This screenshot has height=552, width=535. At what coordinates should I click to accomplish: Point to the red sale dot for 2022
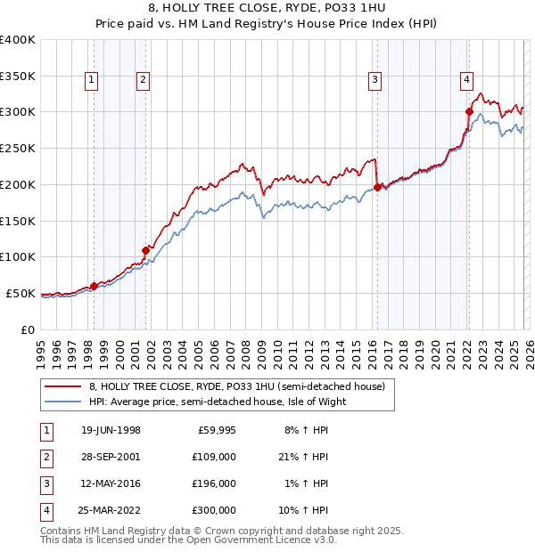click(x=469, y=111)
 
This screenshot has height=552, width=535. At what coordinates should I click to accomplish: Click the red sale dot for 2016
click(x=377, y=187)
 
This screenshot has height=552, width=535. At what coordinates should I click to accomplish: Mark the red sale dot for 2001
click(x=146, y=250)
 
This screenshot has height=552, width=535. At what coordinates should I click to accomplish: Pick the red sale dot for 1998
click(x=95, y=286)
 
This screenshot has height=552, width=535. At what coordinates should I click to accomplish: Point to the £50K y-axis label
click(x=21, y=293)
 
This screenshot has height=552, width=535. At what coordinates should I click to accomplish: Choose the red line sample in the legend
click(x=63, y=386)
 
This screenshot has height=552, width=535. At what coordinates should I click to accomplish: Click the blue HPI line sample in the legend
click(x=63, y=402)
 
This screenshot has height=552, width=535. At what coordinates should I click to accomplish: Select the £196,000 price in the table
click(x=214, y=483)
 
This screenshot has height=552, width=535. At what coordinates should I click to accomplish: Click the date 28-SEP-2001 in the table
click(x=111, y=457)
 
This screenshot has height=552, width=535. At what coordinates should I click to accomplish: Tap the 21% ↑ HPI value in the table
click(x=302, y=457)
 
